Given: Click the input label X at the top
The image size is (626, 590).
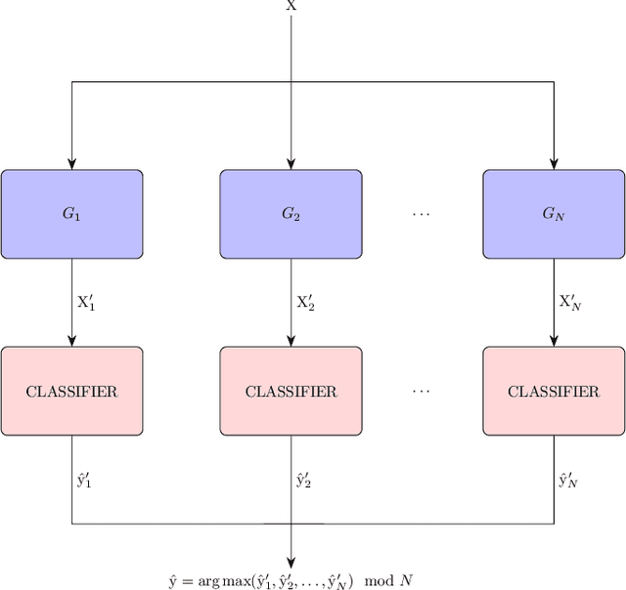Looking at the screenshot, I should point(291,6).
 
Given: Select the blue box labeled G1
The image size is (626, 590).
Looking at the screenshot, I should point(71,214).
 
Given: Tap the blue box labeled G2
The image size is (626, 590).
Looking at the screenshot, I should point(291,214).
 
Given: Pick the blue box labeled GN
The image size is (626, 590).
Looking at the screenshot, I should point(554,214).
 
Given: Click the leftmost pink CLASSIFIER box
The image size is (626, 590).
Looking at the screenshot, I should point(71,391).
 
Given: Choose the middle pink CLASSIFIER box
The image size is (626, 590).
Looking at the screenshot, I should point(291,391).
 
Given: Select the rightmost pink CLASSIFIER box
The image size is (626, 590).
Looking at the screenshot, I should point(554,391).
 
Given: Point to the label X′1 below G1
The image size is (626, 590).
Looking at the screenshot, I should point(87,302).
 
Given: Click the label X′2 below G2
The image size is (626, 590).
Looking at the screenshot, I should point(306,302).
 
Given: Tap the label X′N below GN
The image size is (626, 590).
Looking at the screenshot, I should point(570,302).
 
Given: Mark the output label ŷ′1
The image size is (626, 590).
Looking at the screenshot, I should point(86,480).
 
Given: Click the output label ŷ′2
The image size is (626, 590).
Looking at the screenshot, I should point(305,480).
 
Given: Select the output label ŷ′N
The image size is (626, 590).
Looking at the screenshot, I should point(569,480).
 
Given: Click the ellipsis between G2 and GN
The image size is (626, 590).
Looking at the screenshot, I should point(422,214).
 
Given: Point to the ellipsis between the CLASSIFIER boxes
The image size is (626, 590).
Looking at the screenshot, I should point(422,391).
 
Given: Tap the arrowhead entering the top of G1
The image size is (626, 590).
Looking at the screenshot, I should point(71,164).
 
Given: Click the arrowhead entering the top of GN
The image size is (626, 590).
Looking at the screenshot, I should point(554,164).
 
